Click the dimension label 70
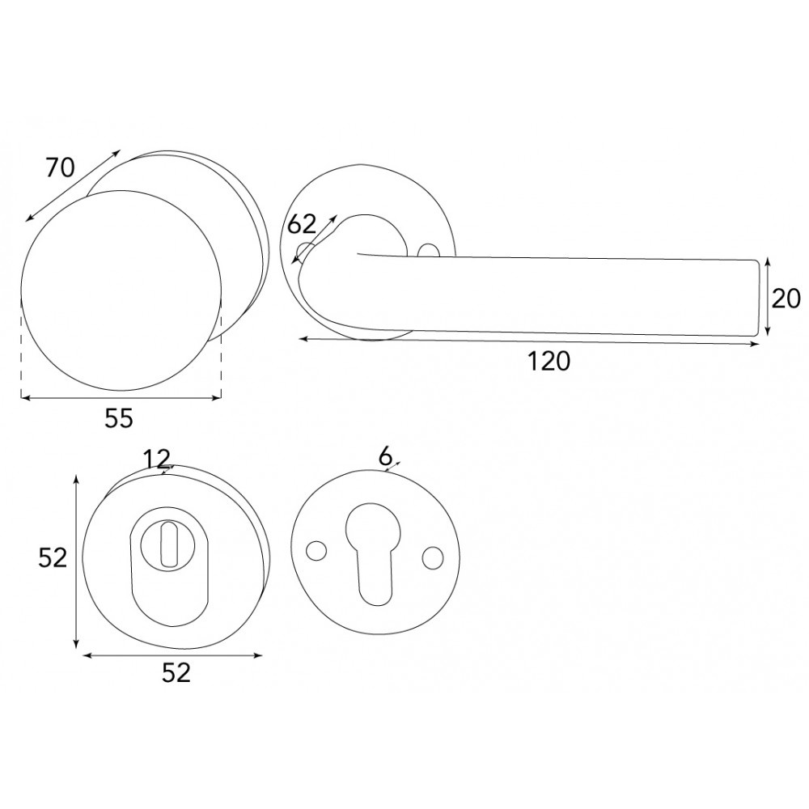[60, 167]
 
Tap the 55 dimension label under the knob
[118, 417]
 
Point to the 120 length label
[550, 361]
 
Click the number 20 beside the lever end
[786, 299]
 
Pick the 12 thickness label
[157, 459]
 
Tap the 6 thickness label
[386, 456]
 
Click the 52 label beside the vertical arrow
[53, 557]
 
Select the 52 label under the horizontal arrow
[176, 672]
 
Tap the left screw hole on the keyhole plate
[316, 550]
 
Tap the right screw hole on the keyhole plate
[434, 557]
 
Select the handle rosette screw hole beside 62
[305, 250]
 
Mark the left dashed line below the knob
[21, 348]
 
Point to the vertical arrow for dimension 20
[766, 298]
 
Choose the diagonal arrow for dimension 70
[73, 184]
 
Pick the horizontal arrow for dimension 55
[121, 398]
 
